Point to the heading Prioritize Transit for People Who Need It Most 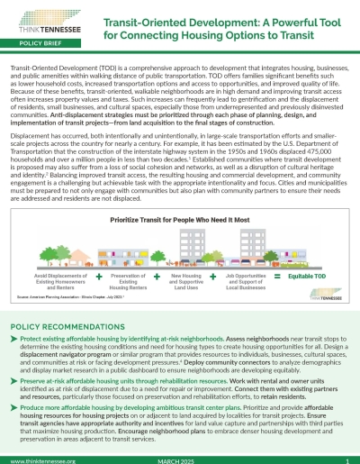pos(181,194)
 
